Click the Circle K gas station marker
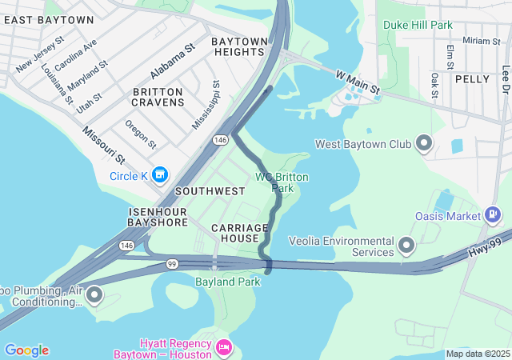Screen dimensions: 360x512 [x=160, y=174]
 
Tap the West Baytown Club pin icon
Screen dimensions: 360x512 [x=424, y=144]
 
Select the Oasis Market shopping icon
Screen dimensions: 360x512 [x=493, y=215]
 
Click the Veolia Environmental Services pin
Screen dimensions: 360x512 [x=406, y=244]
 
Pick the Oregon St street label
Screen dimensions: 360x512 [x=141, y=134]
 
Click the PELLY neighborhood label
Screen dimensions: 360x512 [x=472, y=79]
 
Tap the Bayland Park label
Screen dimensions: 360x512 [x=227, y=282]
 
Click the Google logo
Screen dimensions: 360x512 [x=26, y=350]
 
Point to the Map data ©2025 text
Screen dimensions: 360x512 [x=478, y=354]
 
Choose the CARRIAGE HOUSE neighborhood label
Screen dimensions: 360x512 [x=235, y=233]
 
